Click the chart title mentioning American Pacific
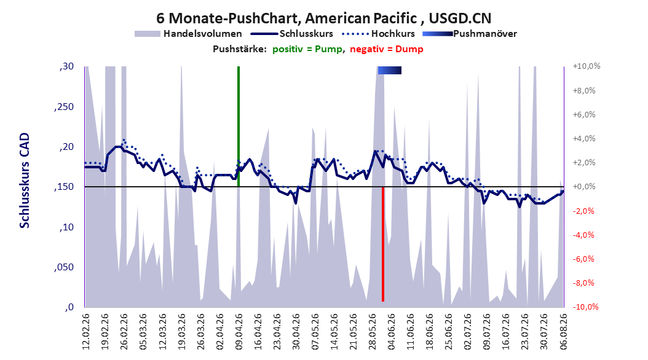pos(323,18)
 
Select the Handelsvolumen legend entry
pos(188,34)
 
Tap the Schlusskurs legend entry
pos(292,34)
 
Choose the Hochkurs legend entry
pos(378,34)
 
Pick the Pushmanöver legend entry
pos(470,34)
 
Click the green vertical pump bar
pos(239,127)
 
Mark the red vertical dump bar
pos(383,244)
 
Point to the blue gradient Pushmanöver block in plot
pos(389,70)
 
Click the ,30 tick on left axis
pos(66,66)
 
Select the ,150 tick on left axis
pos(64,187)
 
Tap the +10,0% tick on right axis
pos(587,66)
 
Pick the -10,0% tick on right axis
pos(585,307)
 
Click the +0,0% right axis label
pos(584,187)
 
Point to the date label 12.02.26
pos(86,332)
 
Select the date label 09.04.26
pos(239,332)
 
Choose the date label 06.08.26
pos(563,332)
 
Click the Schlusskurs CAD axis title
pos(25,181)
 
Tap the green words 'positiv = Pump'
pos(307,49)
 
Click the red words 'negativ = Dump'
pos(387,49)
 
